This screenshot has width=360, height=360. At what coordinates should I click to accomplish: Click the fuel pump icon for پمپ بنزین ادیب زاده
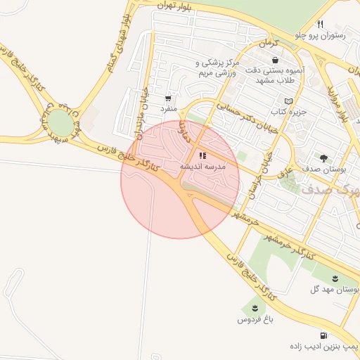pos(323,335)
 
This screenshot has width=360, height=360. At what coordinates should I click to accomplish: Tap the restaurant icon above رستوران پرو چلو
pos(321,23)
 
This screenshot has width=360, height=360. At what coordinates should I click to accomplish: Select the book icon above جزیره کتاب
pos(288,102)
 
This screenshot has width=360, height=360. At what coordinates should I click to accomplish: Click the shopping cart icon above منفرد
pos(168,98)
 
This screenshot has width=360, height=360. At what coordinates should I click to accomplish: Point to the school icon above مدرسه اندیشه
pos(202,155)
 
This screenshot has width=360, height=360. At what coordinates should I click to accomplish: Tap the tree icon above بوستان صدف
pos(323,158)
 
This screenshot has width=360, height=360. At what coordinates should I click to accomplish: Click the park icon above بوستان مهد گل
pos(335,278)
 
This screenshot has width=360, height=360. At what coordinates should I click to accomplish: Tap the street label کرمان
pos(268,44)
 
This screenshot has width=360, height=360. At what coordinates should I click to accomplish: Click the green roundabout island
pos(60,124)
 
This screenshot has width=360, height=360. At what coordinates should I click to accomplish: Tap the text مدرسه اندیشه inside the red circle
pos(202,167)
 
